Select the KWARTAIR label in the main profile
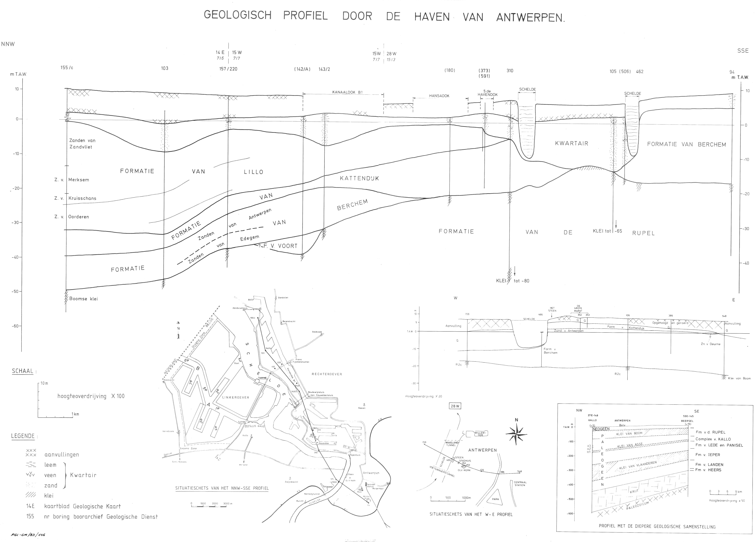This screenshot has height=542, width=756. tap(572, 144)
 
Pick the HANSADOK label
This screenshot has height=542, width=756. tap(439, 96)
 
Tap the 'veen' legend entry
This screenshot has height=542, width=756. tap(50, 475)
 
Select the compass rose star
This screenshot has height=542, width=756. tap(516, 434)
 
